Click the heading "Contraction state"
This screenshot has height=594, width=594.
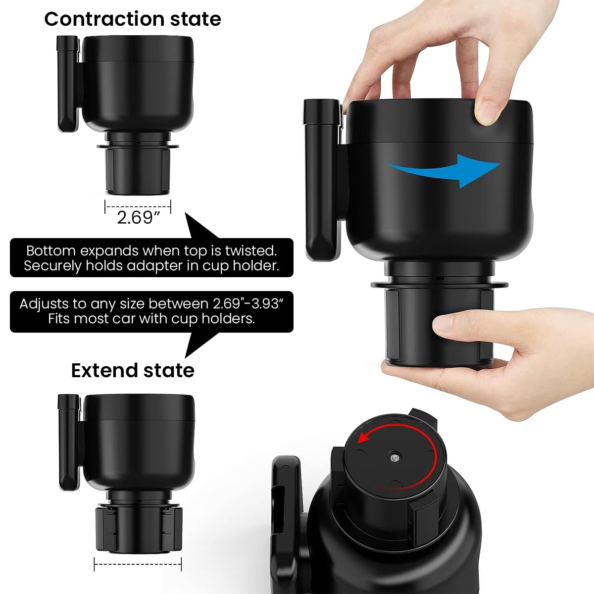point(132,19)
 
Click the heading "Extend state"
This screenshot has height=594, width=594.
point(132,370)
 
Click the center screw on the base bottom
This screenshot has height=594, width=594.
point(394,459)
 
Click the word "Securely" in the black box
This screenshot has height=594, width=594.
point(53,266)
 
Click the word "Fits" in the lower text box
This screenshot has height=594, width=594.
point(58,319)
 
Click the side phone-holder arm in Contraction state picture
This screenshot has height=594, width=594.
point(68,84)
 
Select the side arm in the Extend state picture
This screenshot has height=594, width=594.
point(69,441)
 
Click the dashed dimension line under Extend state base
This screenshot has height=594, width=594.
point(138,563)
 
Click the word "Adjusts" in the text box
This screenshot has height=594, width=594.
point(47,303)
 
